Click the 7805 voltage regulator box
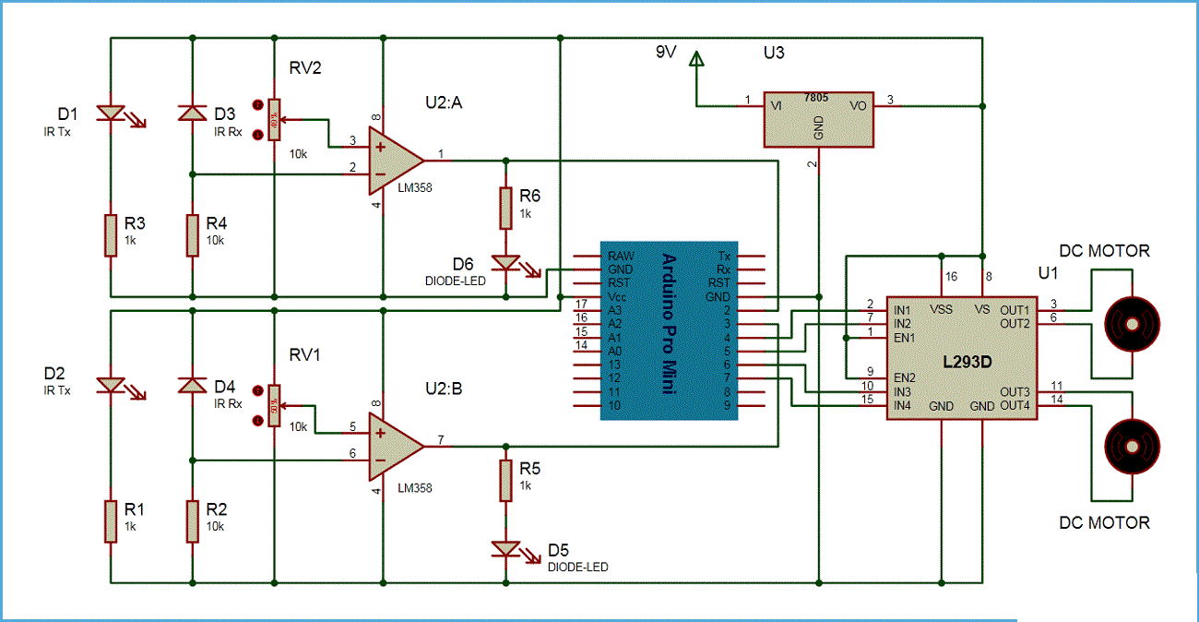pyautogui.click(x=818, y=119)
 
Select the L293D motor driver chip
pyautogui.click(x=959, y=358)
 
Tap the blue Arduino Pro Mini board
pyautogui.click(x=669, y=331)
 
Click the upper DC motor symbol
pyautogui.click(x=1130, y=323)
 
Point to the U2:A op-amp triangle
pyautogui.click(x=393, y=160)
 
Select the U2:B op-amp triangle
pyautogui.click(x=393, y=446)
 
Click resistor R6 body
pyautogui.click(x=505, y=208)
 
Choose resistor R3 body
pyautogui.click(x=111, y=235)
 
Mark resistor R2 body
pyautogui.click(x=192, y=521)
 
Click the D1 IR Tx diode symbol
pyautogui.click(x=111, y=113)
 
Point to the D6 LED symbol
pyautogui.click(x=505, y=262)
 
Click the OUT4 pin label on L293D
pyautogui.click(x=1015, y=405)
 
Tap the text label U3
pyautogui.click(x=774, y=53)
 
